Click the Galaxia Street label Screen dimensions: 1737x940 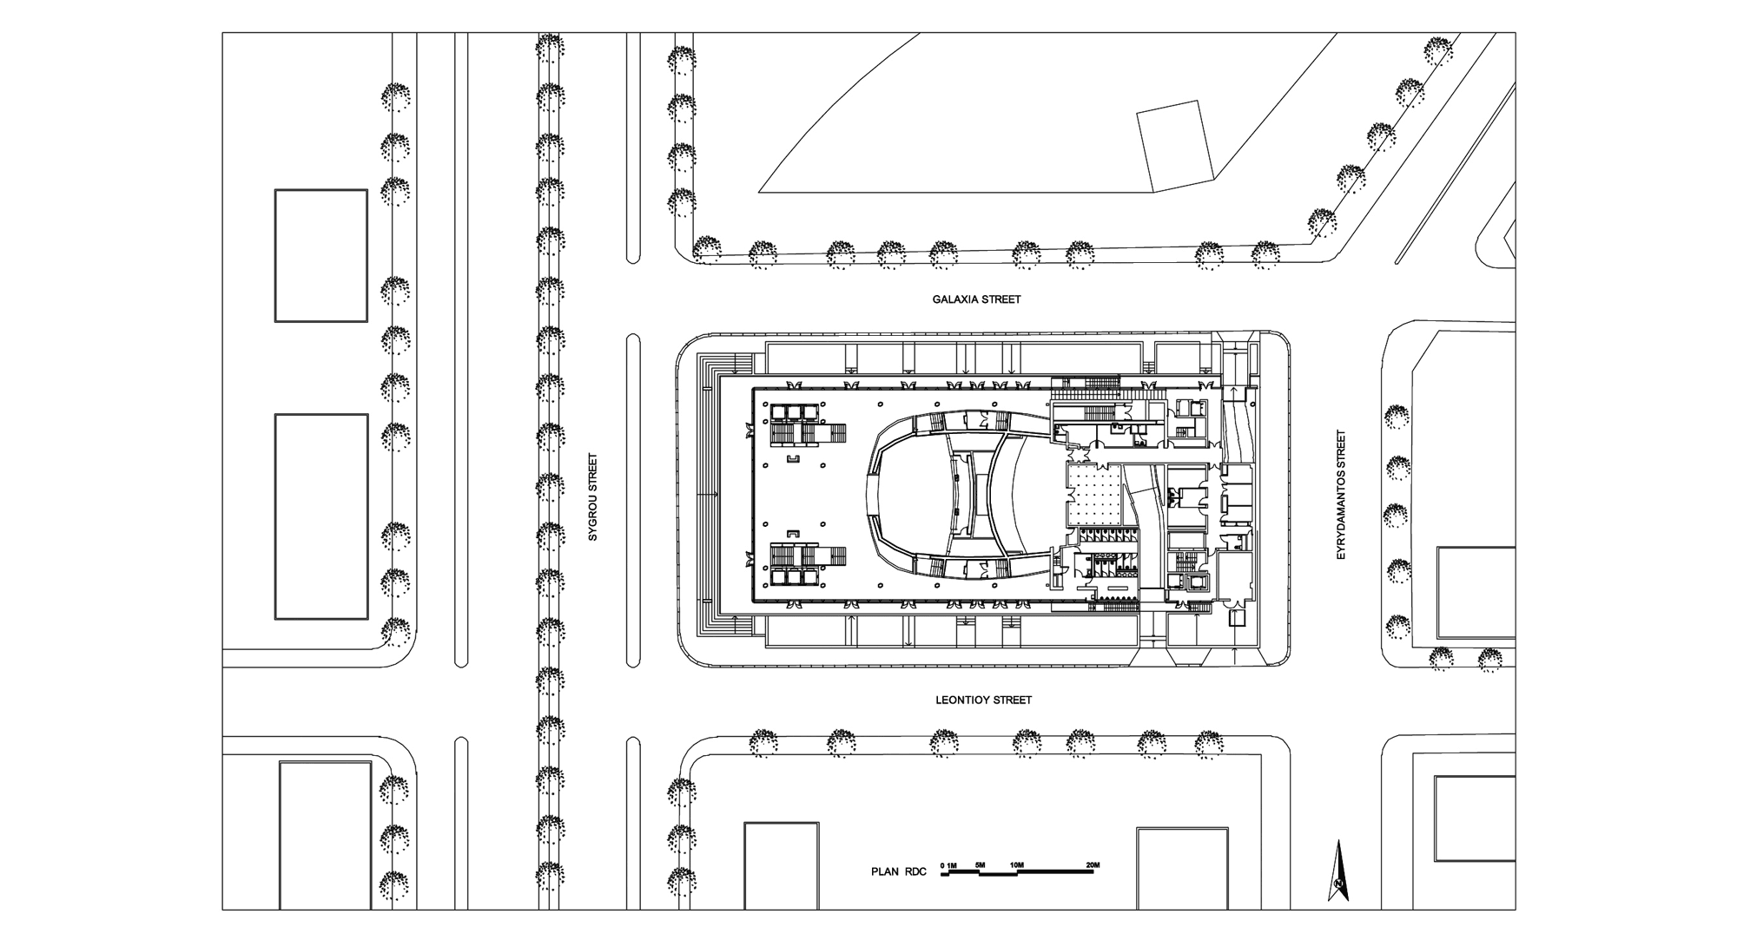(x=976, y=299)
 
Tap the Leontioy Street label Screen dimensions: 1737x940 (x=983, y=700)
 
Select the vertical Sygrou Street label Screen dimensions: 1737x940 (x=593, y=497)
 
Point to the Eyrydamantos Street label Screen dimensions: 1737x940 (x=1341, y=495)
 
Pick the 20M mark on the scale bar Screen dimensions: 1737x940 (x=1093, y=865)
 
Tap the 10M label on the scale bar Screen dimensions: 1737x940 (x=1017, y=865)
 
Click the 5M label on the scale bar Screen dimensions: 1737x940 (x=980, y=865)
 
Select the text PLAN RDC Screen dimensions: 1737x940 (x=899, y=871)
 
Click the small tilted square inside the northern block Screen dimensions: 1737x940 (x=1176, y=145)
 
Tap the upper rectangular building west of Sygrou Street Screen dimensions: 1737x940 (x=321, y=255)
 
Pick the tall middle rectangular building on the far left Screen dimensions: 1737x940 (x=321, y=516)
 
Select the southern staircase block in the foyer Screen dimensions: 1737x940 (x=807, y=563)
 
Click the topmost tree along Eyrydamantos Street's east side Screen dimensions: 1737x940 (x=1397, y=417)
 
